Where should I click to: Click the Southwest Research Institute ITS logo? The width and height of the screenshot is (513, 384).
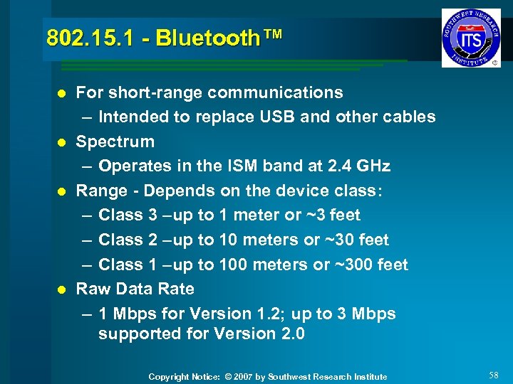471,38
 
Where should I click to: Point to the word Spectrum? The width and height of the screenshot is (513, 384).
115,142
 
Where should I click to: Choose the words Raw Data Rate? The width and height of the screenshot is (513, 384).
135,289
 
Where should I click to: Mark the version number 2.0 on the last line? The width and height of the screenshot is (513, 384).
291,334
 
